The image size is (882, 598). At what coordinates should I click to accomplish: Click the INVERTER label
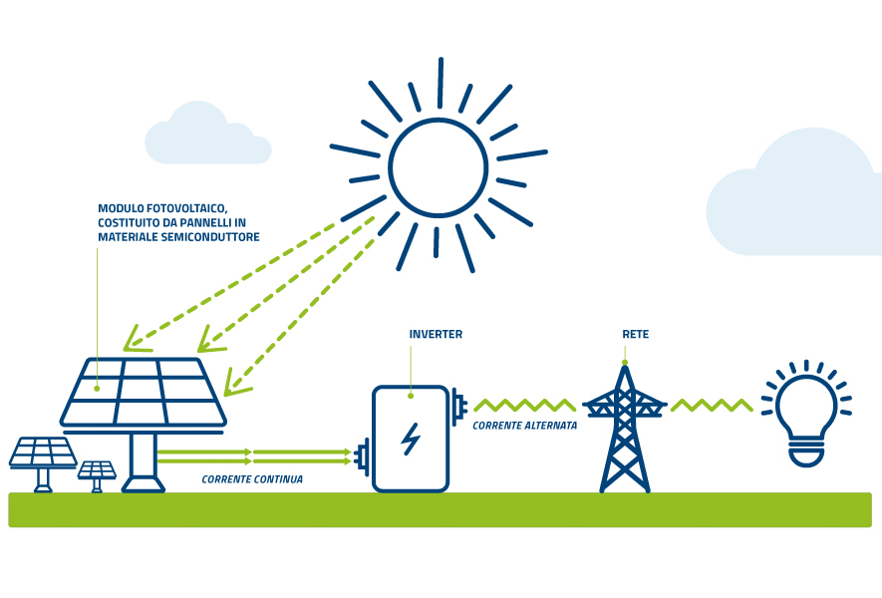pyautogui.click(x=436, y=334)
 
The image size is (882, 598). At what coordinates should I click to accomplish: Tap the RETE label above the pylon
pyautogui.click(x=636, y=334)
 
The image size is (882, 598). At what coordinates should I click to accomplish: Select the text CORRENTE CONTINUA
pyautogui.click(x=252, y=479)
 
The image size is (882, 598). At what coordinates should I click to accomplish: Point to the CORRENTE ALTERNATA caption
pyautogui.click(x=525, y=426)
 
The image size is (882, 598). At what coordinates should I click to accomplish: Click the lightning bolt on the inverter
pyautogui.click(x=411, y=439)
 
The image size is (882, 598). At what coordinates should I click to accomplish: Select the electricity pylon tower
pyautogui.click(x=625, y=429)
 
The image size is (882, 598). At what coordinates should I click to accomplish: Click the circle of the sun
pyautogui.click(x=439, y=167)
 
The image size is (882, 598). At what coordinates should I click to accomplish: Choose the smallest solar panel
pyautogui.click(x=97, y=476)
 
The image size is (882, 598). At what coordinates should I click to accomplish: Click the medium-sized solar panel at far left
pyautogui.click(x=43, y=464)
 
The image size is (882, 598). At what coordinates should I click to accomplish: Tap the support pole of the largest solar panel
pyautogui.click(x=143, y=462)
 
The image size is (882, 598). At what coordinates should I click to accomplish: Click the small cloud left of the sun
pyautogui.click(x=207, y=134)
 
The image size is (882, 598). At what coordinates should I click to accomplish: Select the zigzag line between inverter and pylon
pyautogui.click(x=525, y=405)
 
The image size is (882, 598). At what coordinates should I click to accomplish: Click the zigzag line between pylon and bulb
pyautogui.click(x=712, y=405)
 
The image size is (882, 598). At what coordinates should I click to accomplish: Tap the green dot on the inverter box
pyautogui.click(x=411, y=396)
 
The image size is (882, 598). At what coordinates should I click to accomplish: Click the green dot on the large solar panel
pyautogui.click(x=97, y=388)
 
